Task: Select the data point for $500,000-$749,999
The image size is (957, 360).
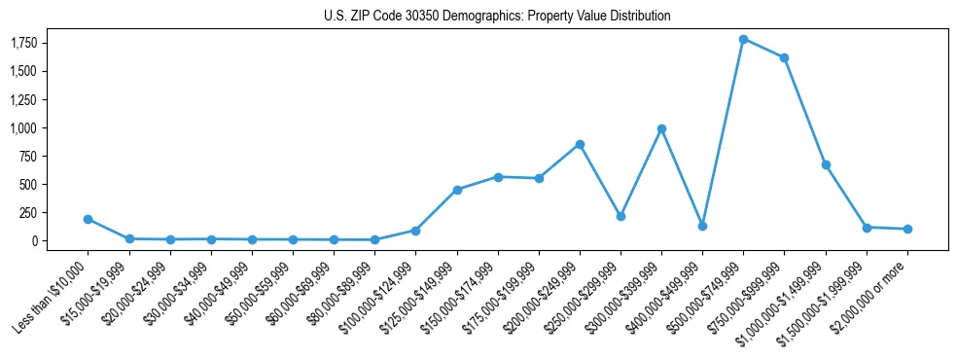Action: pyautogui.click(x=743, y=39)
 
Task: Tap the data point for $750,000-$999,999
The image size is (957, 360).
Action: pyautogui.click(x=784, y=57)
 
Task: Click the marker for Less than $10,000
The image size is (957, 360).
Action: pyautogui.click(x=88, y=219)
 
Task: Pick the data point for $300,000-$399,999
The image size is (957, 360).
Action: pyautogui.click(x=661, y=128)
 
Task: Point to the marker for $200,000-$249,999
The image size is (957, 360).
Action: pyautogui.click(x=580, y=144)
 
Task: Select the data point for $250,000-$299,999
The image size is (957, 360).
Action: pyautogui.click(x=620, y=216)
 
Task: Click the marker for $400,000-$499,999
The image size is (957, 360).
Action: pyautogui.click(x=702, y=226)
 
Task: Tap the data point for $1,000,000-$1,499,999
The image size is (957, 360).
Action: pyautogui.click(x=826, y=164)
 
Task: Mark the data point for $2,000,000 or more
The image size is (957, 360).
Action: pyautogui.click(x=907, y=229)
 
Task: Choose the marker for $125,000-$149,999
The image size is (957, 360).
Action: pyautogui.click(x=457, y=190)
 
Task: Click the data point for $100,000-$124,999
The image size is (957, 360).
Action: pyautogui.click(x=415, y=231)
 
